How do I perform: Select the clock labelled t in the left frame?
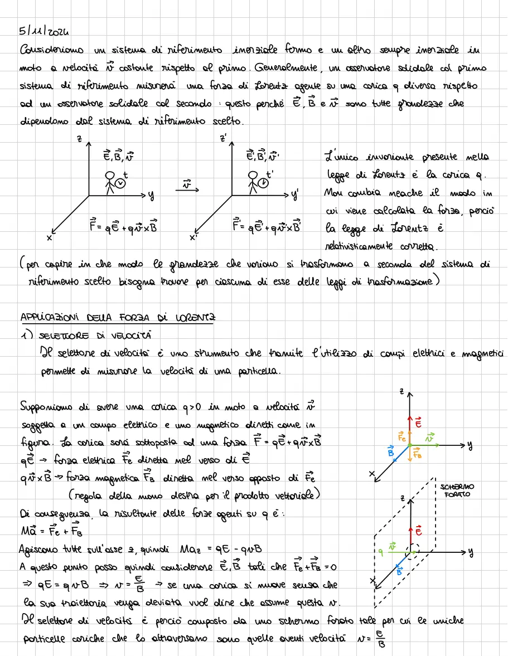tap(121, 182)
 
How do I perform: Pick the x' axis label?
tap(193, 238)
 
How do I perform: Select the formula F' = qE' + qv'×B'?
tap(267, 226)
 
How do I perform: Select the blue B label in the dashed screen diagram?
tap(399, 570)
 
